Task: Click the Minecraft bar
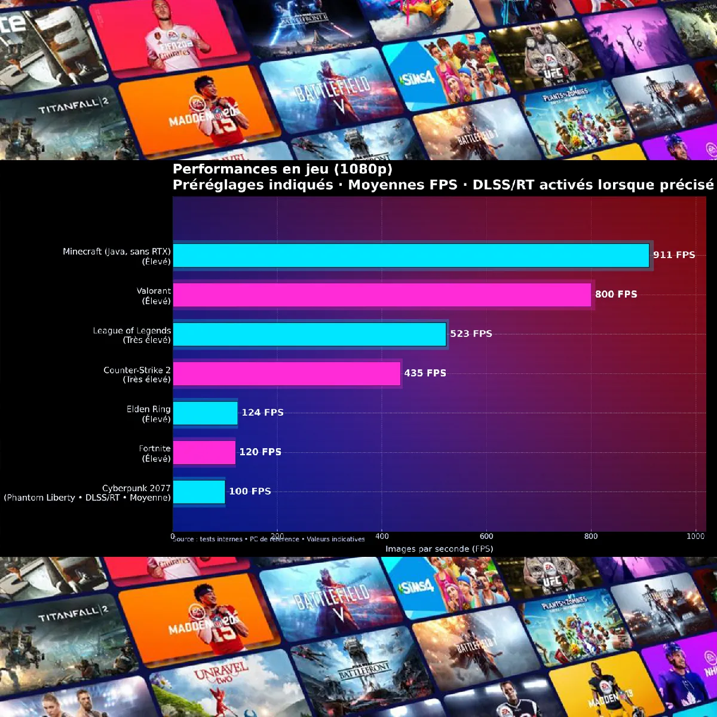click(x=411, y=255)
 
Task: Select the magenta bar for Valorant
click(x=382, y=295)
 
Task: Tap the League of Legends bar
click(x=310, y=334)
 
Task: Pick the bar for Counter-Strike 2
click(x=287, y=373)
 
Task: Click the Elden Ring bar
click(x=206, y=413)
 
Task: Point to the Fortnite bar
click(x=204, y=452)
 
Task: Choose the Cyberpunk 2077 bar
click(x=199, y=492)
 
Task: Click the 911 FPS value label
click(x=674, y=255)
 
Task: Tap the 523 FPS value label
click(x=471, y=334)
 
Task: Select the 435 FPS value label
click(x=425, y=373)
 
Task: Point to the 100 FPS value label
click(x=250, y=492)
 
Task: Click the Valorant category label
click(x=154, y=296)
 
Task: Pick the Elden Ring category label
click(x=149, y=413)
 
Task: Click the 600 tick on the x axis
click(x=486, y=537)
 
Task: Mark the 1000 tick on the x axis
click(x=695, y=537)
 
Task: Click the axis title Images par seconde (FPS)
click(x=439, y=549)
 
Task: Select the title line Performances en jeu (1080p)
click(x=283, y=169)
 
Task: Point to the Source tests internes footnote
click(x=269, y=540)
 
